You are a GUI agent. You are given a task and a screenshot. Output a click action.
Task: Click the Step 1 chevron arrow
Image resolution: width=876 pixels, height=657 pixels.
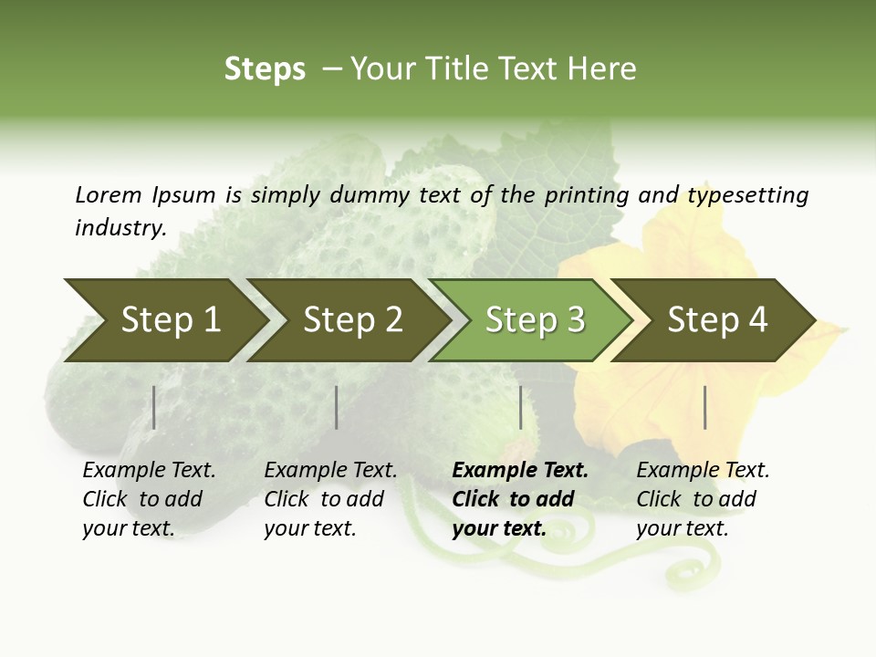[164, 320]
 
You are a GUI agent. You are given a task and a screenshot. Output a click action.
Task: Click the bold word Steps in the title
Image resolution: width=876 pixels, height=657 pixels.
[265, 69]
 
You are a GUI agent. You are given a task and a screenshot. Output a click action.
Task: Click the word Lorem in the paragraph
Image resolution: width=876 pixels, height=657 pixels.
[109, 194]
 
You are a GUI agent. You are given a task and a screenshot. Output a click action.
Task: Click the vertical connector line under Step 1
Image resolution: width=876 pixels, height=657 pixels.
[154, 407]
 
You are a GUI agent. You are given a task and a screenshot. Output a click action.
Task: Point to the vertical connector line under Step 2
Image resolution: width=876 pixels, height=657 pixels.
[337, 407]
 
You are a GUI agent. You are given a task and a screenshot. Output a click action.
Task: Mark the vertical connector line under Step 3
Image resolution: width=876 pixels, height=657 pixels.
[520, 407]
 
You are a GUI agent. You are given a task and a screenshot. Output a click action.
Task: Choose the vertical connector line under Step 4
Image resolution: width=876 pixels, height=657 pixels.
[704, 407]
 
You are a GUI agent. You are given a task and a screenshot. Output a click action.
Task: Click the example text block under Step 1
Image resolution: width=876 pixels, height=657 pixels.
[149, 499]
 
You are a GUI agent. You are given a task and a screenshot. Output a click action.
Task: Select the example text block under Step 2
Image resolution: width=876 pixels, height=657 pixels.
[330, 499]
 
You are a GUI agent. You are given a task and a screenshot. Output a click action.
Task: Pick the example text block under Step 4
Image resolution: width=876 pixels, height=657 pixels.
[703, 499]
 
